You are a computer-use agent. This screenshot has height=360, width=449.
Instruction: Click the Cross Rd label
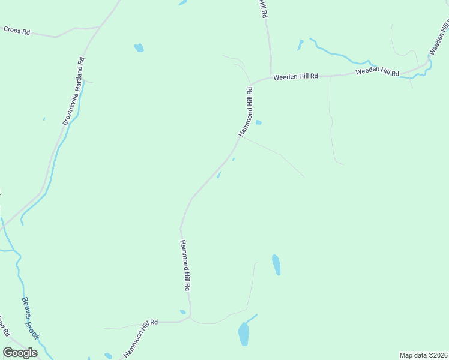[17, 30]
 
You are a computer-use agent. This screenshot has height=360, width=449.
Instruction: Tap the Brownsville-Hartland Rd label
[73, 91]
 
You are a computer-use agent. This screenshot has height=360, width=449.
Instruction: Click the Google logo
[20, 353]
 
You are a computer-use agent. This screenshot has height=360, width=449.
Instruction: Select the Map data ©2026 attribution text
[424, 355]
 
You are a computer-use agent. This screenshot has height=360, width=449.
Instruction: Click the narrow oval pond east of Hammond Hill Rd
[276, 265]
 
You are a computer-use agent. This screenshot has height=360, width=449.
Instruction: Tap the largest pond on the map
[243, 334]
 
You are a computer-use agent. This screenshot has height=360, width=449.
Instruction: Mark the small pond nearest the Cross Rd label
[139, 47]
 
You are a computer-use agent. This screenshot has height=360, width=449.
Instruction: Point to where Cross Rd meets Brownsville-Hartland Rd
[100, 27]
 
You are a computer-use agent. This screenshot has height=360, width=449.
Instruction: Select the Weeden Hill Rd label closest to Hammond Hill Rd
[295, 77]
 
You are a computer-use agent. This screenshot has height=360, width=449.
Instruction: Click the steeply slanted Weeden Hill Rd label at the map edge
[438, 35]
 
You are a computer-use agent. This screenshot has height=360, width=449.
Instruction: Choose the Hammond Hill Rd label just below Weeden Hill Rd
[246, 112]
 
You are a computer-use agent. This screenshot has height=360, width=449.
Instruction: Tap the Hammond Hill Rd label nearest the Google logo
[140, 338]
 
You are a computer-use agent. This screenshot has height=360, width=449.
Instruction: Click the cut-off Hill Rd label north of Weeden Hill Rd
[262, 9]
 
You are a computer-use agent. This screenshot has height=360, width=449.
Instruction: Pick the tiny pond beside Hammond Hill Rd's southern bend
[182, 311]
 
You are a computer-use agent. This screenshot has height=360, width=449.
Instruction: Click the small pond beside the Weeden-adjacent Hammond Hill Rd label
[258, 122]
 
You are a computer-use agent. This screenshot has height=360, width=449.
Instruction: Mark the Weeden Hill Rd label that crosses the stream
[377, 72]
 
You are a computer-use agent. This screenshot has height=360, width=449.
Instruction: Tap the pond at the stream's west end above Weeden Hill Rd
[300, 45]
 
